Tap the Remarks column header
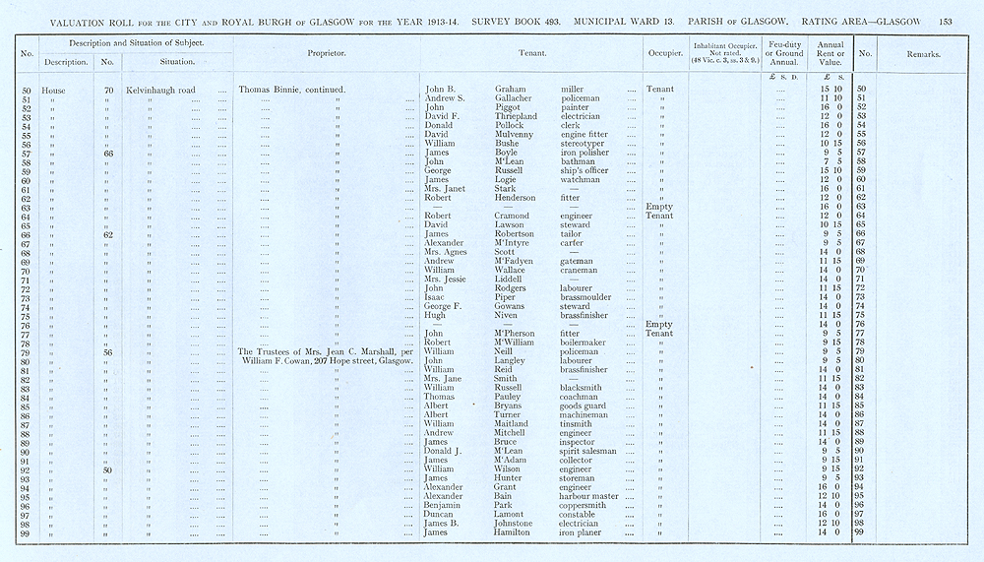918,54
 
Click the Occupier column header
659,54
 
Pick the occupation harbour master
589,496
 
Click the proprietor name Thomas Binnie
269,90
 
